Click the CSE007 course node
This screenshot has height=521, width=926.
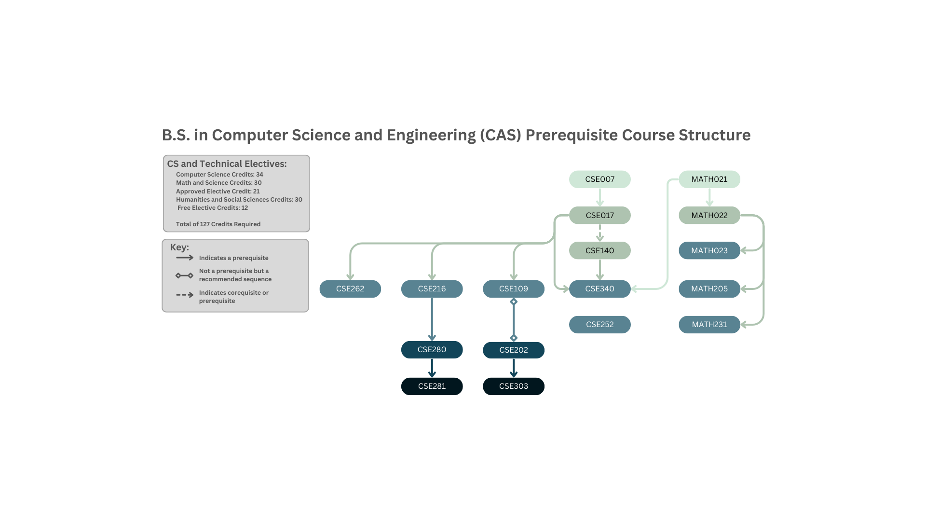[599, 179]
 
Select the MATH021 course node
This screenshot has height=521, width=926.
[709, 179]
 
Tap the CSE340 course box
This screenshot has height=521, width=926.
[599, 288]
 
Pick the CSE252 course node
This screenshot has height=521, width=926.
[599, 324]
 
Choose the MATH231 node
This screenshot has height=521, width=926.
[709, 324]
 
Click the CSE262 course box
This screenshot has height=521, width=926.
[350, 288]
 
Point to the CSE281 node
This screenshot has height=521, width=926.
[432, 386]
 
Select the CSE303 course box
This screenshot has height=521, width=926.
[513, 386]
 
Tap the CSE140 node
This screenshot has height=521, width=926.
[599, 250]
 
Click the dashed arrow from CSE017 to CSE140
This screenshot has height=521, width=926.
[599, 233]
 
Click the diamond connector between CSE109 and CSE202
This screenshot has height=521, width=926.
[513, 319]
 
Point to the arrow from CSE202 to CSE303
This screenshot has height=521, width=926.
[513, 368]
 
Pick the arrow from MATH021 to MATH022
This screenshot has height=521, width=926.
[709, 197]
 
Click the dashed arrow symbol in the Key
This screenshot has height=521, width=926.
[184, 295]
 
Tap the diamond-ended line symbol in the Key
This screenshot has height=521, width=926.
[184, 275]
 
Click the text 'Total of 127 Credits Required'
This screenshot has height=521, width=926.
[218, 224]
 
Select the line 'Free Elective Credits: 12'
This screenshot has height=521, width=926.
[212, 207]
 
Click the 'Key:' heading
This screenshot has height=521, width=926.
[179, 247]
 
